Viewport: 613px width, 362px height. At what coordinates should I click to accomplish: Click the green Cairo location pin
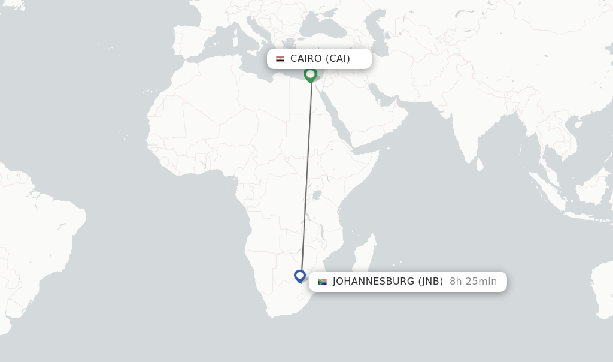[310, 74]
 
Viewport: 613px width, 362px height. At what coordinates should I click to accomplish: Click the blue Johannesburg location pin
[300, 276]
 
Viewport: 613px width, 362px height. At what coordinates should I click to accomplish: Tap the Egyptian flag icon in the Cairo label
[280, 59]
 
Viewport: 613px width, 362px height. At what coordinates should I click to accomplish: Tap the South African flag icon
[322, 282]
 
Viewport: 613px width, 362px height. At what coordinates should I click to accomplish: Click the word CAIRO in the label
[306, 59]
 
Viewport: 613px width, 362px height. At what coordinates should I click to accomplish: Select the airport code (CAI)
[338, 59]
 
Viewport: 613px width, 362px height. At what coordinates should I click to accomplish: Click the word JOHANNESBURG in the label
[374, 282]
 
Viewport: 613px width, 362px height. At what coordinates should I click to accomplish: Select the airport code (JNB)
[430, 282]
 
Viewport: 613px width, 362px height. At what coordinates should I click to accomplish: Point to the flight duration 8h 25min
[473, 282]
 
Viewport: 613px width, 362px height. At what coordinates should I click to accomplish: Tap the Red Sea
[338, 120]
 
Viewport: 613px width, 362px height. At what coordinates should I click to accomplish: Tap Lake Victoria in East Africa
[317, 195]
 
